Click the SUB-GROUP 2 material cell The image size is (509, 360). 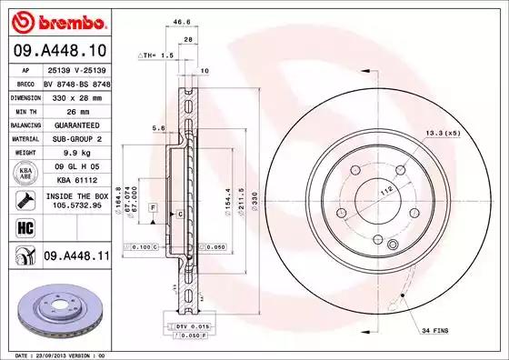[75, 139]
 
